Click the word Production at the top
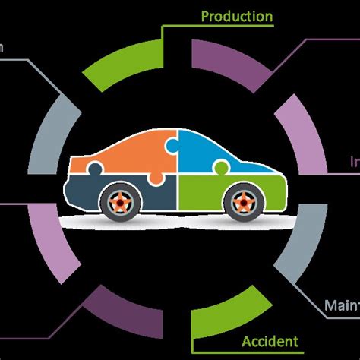(237, 16)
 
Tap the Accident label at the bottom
(270, 341)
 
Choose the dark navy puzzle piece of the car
(91, 194)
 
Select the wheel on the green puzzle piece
(241, 201)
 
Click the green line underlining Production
(220, 26)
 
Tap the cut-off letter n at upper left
(2, 47)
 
